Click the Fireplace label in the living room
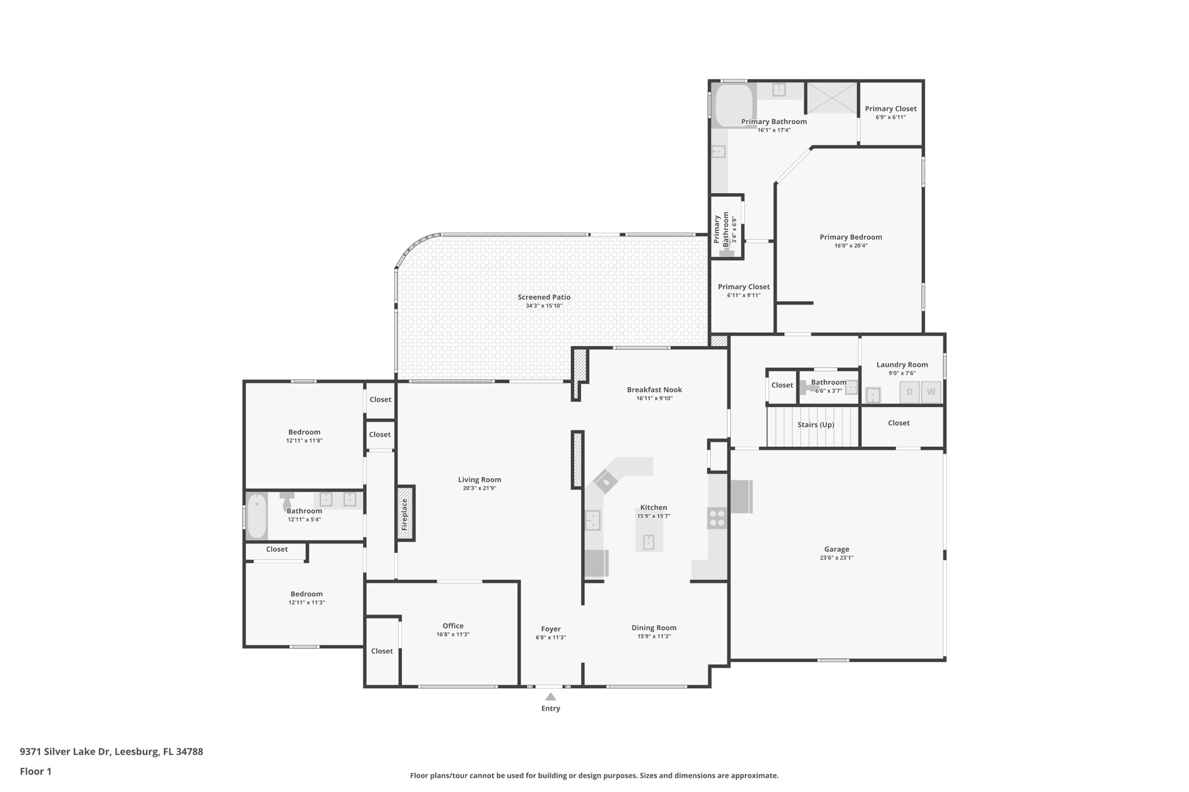[x=405, y=514]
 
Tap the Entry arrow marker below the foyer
[x=550, y=696]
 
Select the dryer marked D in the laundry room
[x=909, y=392]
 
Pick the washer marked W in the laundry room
[x=931, y=392]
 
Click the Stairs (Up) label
[x=816, y=425]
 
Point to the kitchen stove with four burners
[x=717, y=518]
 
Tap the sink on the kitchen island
[x=648, y=542]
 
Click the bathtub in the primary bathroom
[x=734, y=106]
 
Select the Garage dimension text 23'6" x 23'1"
[x=837, y=558]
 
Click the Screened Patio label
[x=544, y=297]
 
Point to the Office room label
[x=453, y=625]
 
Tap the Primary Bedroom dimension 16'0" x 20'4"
[x=851, y=245]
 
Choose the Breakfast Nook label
[x=654, y=390]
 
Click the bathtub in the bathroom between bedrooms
[x=256, y=516]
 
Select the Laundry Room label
[x=902, y=364]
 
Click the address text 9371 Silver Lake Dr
[x=65, y=751]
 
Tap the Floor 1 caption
[x=35, y=771]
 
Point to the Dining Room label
[x=654, y=627]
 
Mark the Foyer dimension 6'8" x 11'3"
[x=550, y=637]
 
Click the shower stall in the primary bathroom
[x=831, y=98]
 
